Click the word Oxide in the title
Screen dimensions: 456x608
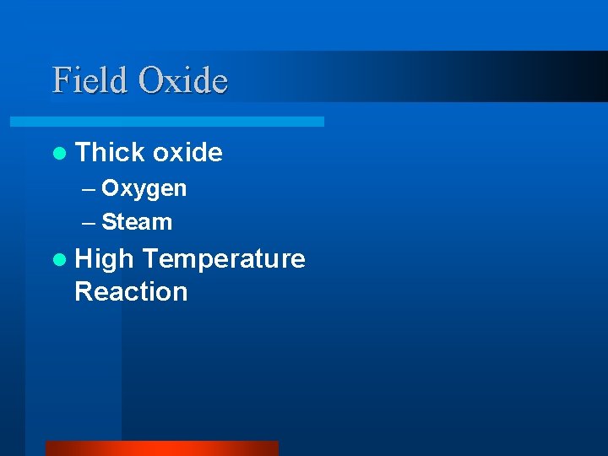point(182,80)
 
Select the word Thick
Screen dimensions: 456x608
point(110,153)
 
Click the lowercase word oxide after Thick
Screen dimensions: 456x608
point(187,153)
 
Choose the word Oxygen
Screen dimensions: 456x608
point(144,189)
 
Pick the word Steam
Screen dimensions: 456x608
point(137,223)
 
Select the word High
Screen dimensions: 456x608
point(104,259)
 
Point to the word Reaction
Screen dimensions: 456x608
point(131,292)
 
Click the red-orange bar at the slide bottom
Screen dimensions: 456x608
point(161,448)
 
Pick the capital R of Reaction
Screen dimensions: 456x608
point(83,292)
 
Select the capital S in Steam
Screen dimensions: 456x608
point(108,223)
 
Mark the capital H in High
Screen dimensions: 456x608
point(83,258)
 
